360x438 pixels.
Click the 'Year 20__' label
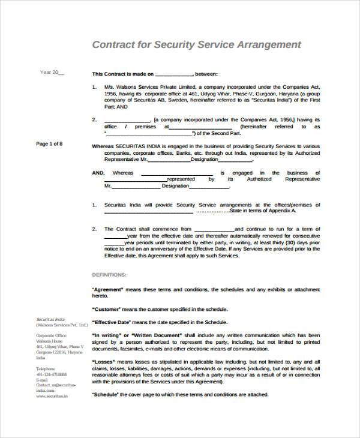[51, 73]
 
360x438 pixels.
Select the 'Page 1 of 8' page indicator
[49, 144]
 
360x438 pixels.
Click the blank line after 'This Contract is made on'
[173, 74]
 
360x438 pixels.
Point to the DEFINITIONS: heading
[109, 274]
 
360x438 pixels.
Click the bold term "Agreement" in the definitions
[108, 289]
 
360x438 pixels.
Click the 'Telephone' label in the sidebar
[46, 368]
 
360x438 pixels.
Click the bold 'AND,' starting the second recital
[98, 173]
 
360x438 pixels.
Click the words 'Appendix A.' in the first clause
[283, 211]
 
